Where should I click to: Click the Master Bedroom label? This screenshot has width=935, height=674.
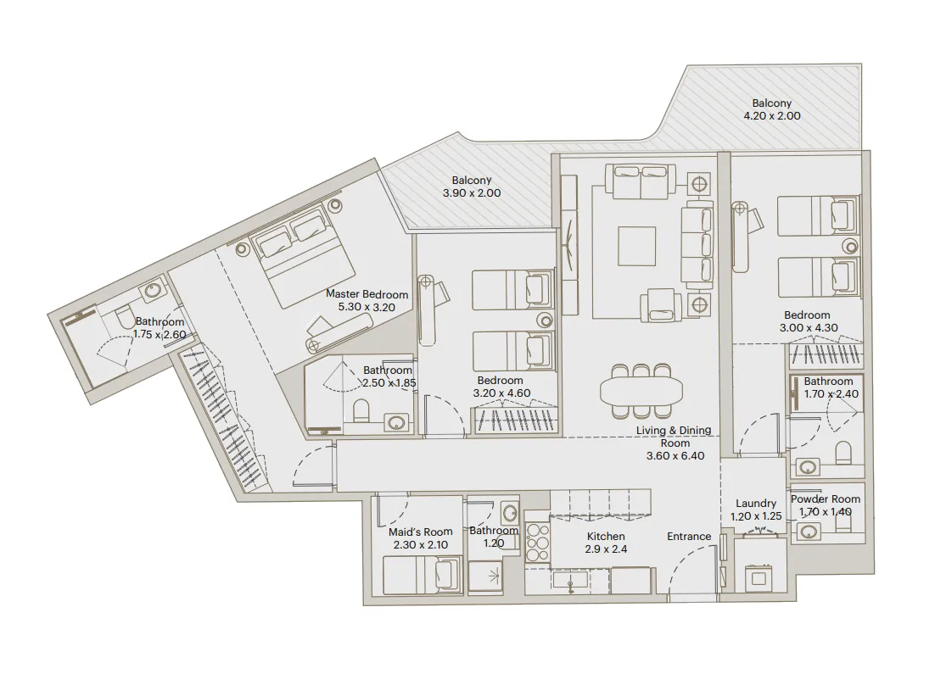click(x=367, y=294)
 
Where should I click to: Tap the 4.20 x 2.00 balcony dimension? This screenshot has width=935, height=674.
click(x=771, y=116)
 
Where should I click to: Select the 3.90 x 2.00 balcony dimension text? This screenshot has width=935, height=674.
click(x=472, y=193)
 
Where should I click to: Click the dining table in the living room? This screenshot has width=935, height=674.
click(x=641, y=391)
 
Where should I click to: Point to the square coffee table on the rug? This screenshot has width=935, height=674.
click(x=635, y=247)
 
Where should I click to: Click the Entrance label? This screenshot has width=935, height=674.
click(x=688, y=537)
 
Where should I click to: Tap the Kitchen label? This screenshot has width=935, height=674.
click(x=605, y=537)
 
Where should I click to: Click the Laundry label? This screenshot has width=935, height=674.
click(x=756, y=504)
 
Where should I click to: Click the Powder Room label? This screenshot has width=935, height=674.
click(x=825, y=499)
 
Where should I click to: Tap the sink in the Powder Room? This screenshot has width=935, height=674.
click(x=809, y=532)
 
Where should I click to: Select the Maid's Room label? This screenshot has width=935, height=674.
click(x=415, y=532)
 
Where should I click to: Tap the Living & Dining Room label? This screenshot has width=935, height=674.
click(x=674, y=437)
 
